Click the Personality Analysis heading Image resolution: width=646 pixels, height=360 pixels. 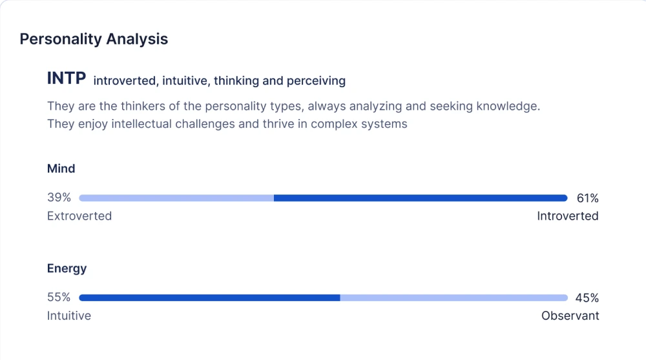coord(94,39)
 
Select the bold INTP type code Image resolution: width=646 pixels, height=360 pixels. coord(67,78)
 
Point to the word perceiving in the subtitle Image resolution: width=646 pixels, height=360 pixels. coord(316,81)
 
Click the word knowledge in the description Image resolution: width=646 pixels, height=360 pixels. coord(508,106)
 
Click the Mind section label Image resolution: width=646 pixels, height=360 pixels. coord(61,168)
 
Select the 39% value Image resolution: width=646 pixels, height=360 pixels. coord(59,198)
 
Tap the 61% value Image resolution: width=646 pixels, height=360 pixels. coord(587,198)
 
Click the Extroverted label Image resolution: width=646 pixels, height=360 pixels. coord(79,216)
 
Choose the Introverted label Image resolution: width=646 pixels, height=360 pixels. coord(568,216)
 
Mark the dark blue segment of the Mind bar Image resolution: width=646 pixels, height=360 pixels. coord(421,198)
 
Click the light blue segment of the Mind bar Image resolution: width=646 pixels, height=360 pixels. coord(176,198)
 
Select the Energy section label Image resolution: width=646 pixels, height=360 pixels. coord(67,268)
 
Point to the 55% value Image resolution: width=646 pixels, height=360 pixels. coord(59,297)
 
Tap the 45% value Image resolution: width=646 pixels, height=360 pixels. coord(587,298)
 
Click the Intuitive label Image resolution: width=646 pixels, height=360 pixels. coord(69,315)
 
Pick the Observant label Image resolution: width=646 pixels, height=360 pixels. coord(570,315)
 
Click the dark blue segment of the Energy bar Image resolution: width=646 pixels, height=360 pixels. coord(210,298)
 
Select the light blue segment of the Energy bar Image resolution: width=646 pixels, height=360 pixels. coord(454,298)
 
